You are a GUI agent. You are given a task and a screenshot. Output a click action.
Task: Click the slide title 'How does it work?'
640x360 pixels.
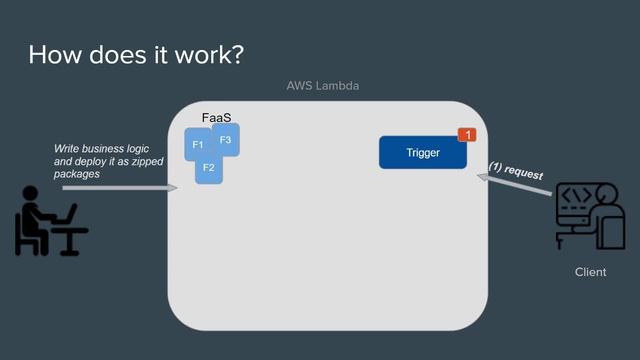point(136,54)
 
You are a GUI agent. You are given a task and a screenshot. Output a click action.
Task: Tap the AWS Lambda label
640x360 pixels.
point(322,86)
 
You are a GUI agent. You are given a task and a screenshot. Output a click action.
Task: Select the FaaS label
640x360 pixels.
point(217,119)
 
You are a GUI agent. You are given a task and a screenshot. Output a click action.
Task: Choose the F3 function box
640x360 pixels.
point(226,139)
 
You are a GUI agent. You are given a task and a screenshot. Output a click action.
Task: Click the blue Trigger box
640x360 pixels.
point(422,153)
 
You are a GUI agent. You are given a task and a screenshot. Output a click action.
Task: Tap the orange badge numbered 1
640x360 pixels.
point(465,135)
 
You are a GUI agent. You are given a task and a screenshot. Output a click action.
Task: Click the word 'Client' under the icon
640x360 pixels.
point(590,272)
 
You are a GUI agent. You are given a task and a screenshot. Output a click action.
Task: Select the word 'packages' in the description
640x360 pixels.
point(77,174)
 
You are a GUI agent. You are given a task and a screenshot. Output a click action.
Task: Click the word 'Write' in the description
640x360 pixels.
point(68,148)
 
